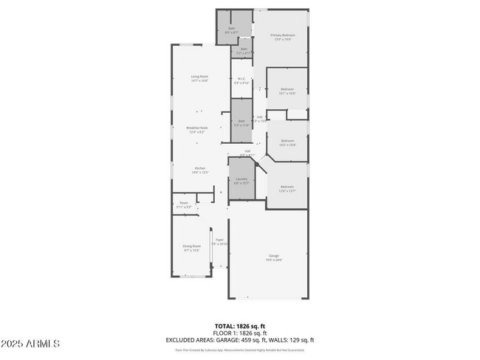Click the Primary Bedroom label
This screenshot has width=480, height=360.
pos(281,37)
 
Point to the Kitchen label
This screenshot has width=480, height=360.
pos(200,170)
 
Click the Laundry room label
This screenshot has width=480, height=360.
pos(241,181)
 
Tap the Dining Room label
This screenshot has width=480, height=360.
pos(192,248)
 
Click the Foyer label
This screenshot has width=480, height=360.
pos(219,242)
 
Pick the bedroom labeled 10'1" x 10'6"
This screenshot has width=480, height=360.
pos(287,91)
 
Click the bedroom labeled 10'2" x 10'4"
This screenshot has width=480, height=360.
pos(287,142)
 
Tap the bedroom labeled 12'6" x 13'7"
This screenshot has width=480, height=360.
pos(287,189)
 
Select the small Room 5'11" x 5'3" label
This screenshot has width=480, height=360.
pos(184,205)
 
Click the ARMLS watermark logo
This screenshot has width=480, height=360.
pos(31,344)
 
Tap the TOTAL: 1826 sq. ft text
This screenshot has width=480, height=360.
pos(240,325)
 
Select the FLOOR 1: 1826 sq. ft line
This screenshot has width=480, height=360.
pos(240,332)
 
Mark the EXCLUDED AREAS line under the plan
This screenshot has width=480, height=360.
pos(240,339)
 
